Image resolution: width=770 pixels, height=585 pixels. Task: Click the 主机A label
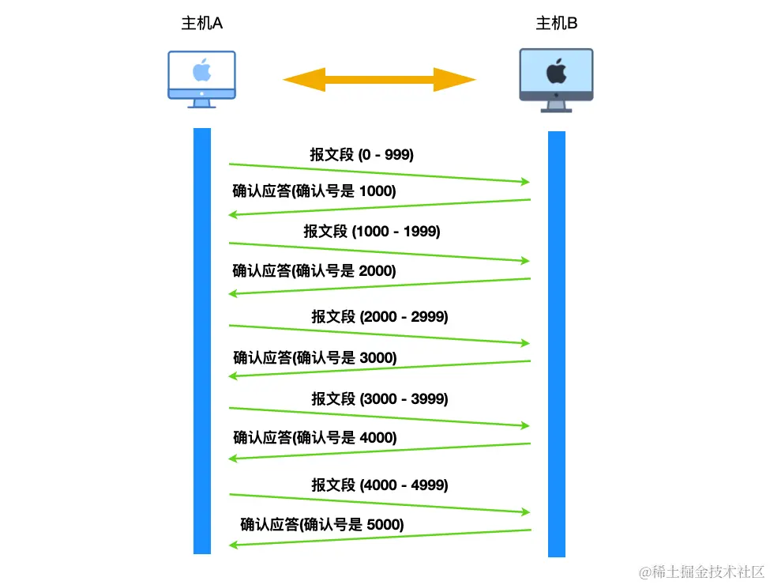[x=202, y=24]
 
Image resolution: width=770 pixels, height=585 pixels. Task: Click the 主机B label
[x=557, y=24]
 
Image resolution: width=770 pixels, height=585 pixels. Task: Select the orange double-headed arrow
[x=380, y=80]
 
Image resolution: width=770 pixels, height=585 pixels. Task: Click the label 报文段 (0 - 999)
[x=362, y=155]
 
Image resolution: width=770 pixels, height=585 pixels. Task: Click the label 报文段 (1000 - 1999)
[x=372, y=231]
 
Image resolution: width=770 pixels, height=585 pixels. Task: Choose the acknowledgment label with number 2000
[x=314, y=270]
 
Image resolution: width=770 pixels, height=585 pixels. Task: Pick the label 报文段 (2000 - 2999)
[x=379, y=316]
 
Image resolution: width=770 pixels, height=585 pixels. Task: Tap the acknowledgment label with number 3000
[x=314, y=357]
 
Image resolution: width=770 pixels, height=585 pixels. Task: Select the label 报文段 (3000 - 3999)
[x=379, y=398]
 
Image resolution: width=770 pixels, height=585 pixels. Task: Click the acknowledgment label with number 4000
[x=314, y=437]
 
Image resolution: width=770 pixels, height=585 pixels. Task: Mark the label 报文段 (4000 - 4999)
[x=379, y=485]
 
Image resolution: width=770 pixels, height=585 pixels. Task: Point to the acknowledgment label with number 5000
[x=321, y=524]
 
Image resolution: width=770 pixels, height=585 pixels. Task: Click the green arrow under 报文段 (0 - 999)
[x=379, y=173]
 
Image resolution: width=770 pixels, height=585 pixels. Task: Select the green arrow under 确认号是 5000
[x=379, y=538]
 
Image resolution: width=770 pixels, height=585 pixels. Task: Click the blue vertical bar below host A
[x=202, y=340]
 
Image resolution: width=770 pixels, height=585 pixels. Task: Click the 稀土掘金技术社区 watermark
[x=702, y=571]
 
